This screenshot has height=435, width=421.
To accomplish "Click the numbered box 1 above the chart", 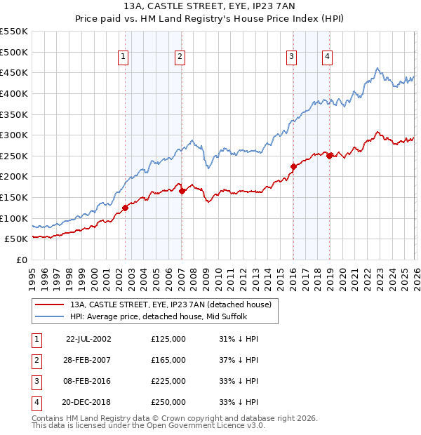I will click(x=123, y=58).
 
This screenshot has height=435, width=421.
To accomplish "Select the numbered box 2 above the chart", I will click(x=180, y=58).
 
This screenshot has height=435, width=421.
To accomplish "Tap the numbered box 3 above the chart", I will click(x=291, y=58).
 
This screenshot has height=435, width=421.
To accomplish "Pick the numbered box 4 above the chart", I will click(x=327, y=58).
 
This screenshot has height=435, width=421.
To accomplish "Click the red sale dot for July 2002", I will click(x=126, y=208).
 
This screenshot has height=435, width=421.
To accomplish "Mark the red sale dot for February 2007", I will click(x=182, y=191).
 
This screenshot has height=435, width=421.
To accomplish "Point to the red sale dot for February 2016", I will click(x=293, y=166).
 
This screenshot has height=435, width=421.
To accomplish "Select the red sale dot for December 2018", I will click(x=329, y=156).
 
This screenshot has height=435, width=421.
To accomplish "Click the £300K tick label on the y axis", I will click(x=14, y=135).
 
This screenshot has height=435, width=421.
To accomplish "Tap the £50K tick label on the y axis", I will click(x=17, y=239).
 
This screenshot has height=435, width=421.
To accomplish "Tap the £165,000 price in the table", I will click(x=168, y=360).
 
